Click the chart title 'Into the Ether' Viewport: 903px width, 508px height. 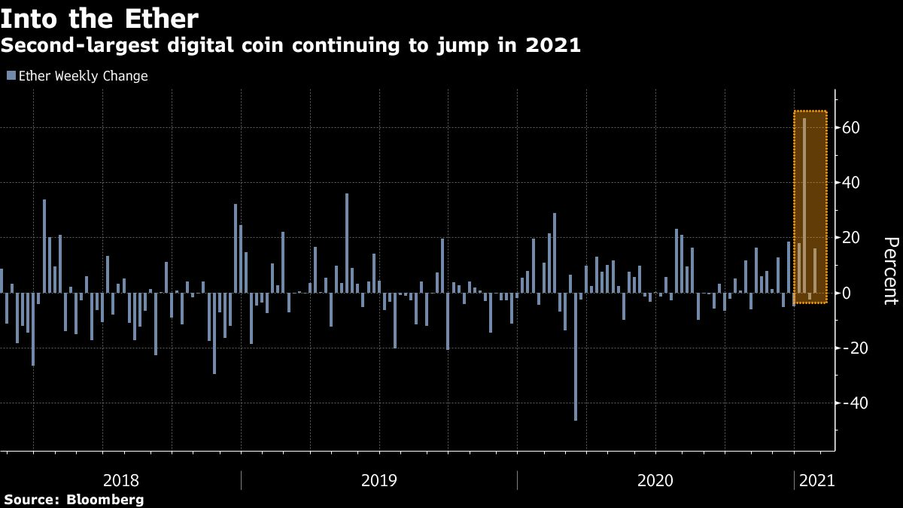(99, 18)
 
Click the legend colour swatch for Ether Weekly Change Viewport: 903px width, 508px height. (11, 76)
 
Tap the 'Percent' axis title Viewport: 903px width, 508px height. (890, 271)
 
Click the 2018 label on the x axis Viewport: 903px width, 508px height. (121, 480)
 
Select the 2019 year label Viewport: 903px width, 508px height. (379, 480)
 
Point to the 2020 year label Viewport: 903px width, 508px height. (655, 480)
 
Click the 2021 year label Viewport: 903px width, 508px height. (816, 480)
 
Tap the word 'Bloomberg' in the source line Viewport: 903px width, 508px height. (105, 500)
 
